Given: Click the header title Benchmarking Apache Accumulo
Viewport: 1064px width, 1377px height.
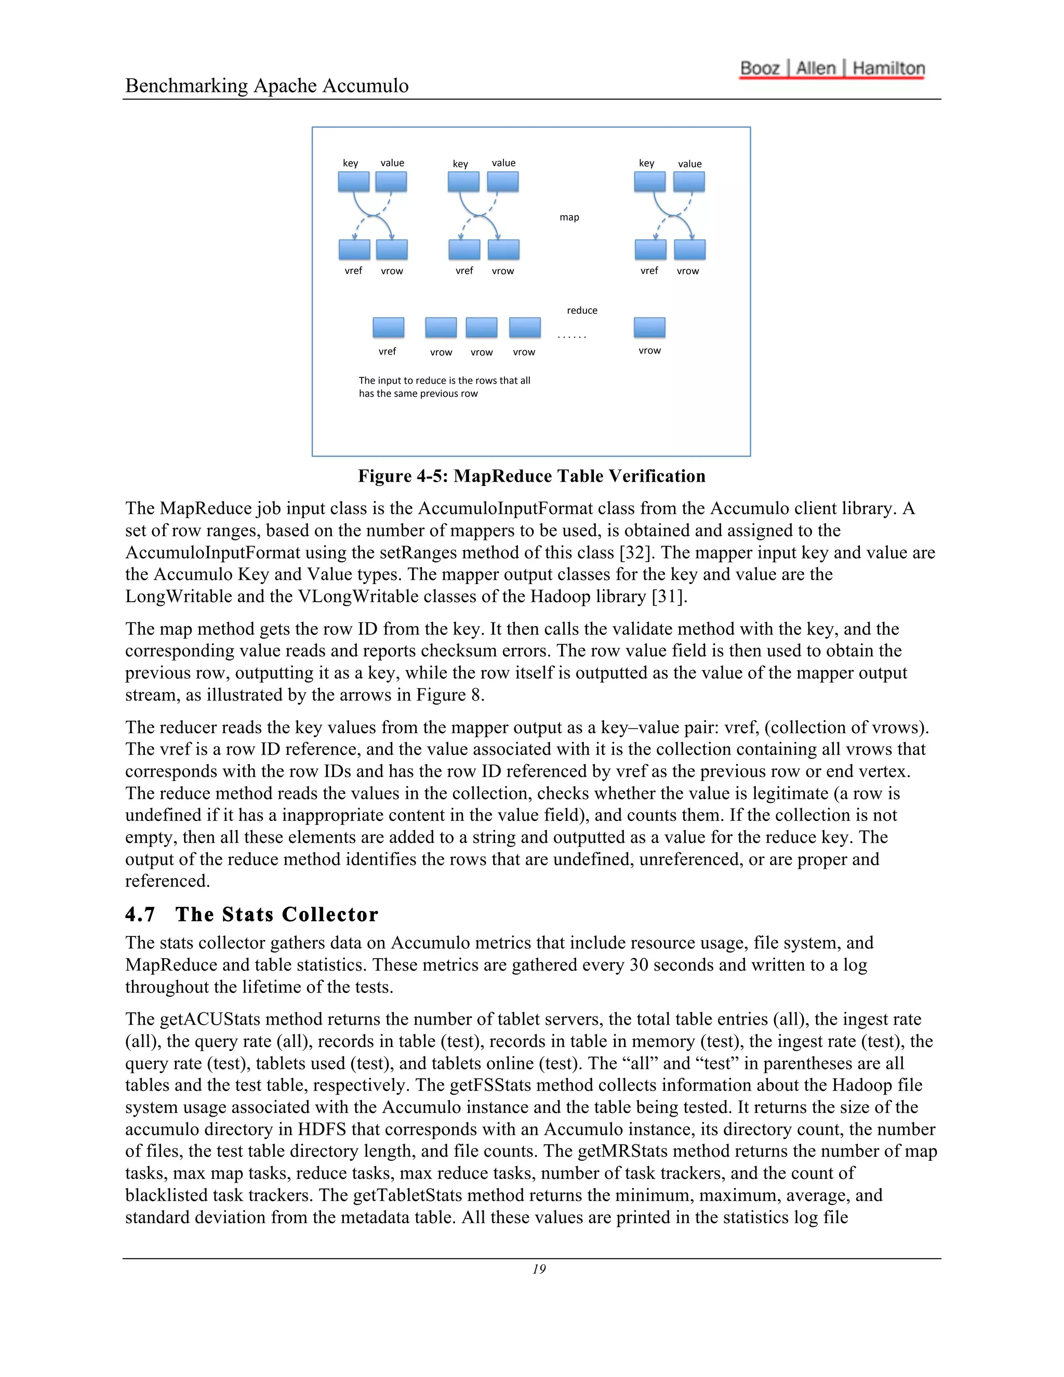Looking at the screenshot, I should click(267, 85).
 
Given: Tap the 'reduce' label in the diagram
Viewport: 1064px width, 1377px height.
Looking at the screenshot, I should click(581, 310).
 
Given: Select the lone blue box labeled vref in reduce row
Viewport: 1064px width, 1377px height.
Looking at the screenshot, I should click(388, 327).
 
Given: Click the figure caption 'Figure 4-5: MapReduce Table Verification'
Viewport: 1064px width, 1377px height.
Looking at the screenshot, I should click(531, 476).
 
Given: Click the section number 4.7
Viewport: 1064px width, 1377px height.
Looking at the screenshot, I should click(140, 914).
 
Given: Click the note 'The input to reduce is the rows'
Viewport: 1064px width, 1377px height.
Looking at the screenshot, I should click(444, 381).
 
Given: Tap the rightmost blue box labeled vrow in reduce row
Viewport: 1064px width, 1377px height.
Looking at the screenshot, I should click(649, 327).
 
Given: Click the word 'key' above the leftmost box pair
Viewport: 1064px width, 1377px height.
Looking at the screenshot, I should click(351, 163).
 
